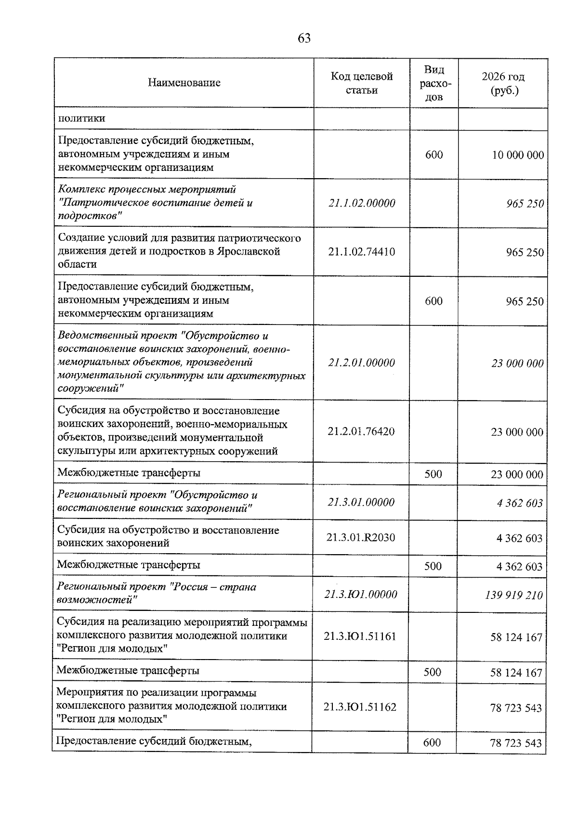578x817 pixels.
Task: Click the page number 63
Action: tap(304, 39)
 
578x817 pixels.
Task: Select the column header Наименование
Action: tap(184, 83)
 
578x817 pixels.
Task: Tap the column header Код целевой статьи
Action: tap(362, 83)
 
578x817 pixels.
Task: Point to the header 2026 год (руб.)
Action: tap(503, 83)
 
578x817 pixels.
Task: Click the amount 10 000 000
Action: tap(518, 155)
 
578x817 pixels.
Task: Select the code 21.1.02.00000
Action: tap(362, 203)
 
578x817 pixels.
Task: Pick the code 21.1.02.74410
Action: tap(362, 252)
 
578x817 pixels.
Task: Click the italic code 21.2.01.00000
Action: tap(362, 363)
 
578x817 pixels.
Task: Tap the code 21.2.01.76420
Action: tap(361, 431)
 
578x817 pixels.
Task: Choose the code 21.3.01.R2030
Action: tap(361, 537)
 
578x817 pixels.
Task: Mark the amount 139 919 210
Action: tap(514, 595)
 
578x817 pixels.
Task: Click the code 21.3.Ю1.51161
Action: tap(360, 636)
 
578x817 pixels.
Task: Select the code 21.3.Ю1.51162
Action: tap(360, 707)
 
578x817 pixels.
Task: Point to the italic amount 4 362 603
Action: tap(520, 503)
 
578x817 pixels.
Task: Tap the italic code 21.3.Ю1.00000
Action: tap(361, 595)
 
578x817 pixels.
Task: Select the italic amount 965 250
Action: tap(525, 204)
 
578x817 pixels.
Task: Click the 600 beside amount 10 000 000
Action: tap(434, 155)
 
